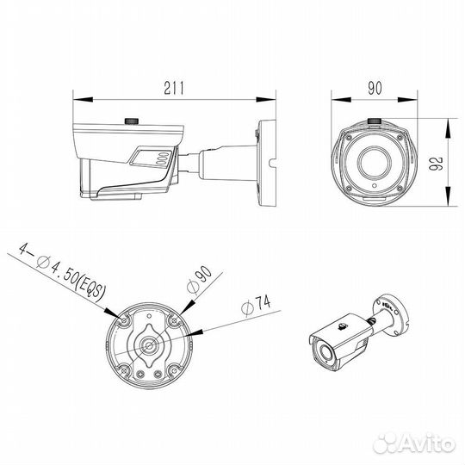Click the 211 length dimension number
174,88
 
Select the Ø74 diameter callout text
257,306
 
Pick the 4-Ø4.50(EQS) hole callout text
62,273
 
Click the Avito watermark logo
414,443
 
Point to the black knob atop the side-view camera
132,121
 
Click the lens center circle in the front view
375,163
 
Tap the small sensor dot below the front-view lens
375,186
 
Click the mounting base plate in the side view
267,163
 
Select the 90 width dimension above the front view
375,88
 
